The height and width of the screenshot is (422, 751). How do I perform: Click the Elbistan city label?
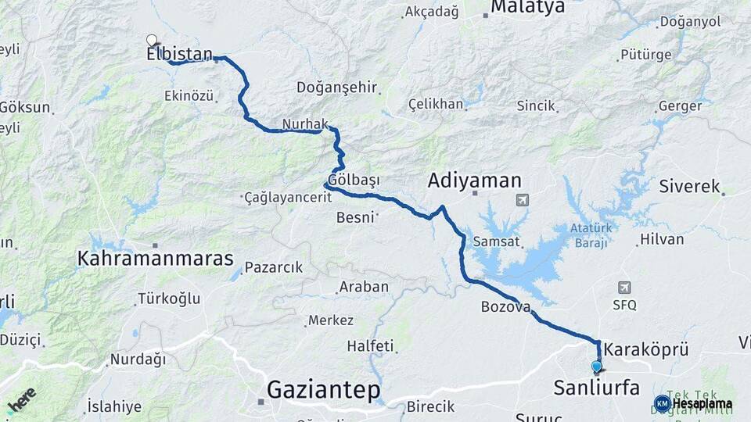(179, 54)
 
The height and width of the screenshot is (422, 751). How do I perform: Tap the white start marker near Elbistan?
(152, 39)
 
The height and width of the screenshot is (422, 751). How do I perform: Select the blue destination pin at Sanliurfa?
(597, 366)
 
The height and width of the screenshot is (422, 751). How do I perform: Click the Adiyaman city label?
(474, 181)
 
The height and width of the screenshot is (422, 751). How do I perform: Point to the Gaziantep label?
(323, 388)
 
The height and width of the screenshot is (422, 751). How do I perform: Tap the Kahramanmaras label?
(156, 258)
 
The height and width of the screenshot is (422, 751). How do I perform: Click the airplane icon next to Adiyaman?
(522, 201)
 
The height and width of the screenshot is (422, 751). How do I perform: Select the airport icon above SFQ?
(624, 288)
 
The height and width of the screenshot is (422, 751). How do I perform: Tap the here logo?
(21, 399)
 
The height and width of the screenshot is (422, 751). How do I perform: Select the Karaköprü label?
(646, 349)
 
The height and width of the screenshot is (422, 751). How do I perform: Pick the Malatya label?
(527, 8)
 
